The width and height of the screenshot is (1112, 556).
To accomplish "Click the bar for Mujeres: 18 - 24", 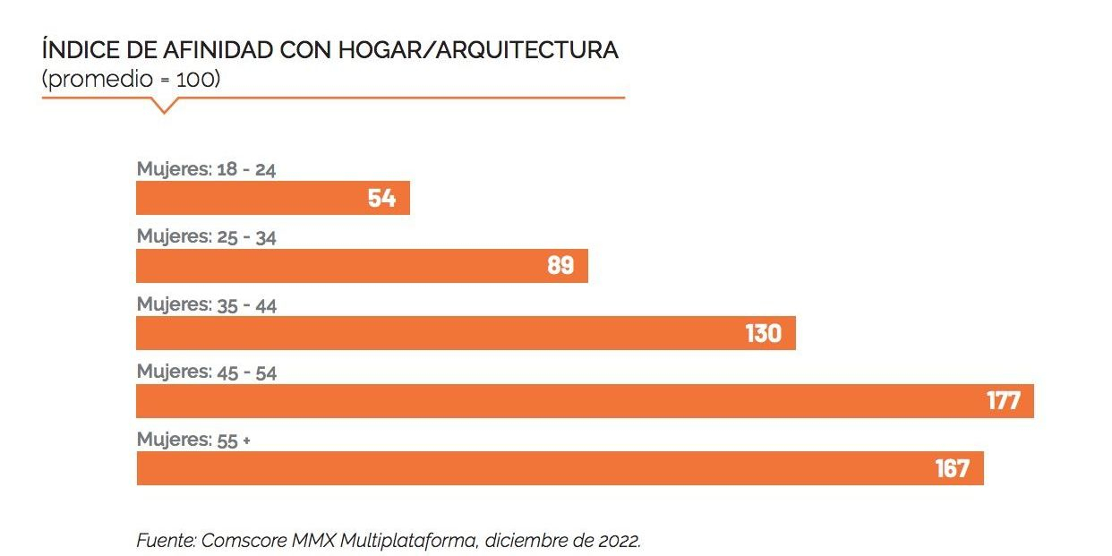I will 251,198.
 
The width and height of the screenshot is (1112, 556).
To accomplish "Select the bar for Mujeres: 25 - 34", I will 340,266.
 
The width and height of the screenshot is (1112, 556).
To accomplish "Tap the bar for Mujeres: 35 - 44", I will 430,333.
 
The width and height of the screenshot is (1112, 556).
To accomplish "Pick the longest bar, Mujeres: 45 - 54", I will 537,401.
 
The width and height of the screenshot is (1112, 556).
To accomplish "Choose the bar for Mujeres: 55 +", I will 519,468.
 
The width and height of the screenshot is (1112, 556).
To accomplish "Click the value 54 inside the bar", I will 381,198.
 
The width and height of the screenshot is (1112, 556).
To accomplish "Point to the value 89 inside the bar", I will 560,266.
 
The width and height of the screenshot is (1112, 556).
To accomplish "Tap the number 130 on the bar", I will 763,333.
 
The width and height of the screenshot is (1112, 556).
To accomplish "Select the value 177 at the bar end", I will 1003,401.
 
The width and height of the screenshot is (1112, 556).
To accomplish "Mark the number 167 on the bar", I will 953,468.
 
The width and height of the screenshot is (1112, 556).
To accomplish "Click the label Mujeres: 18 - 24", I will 206,169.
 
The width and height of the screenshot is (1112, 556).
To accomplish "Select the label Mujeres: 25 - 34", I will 207,237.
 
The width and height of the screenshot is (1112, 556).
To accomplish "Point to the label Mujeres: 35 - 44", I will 207,305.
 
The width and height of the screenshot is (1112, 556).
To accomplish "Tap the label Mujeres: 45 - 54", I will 207,372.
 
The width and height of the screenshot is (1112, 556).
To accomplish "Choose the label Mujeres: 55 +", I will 193,441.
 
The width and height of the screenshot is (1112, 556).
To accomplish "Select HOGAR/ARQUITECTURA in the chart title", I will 478,50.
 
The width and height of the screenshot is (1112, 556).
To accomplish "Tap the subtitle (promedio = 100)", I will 131,79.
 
